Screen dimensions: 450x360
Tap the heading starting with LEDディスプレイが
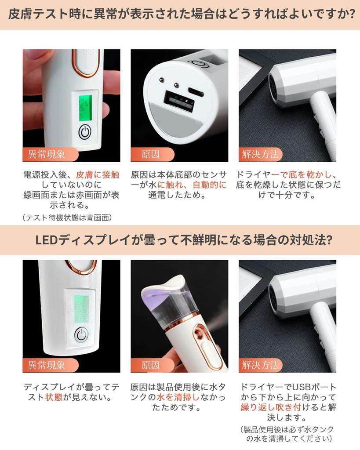tap(180, 240)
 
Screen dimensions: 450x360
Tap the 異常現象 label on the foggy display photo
tap(46, 365)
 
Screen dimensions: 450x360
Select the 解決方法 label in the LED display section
tap(260, 365)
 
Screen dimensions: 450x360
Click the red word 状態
tap(55, 398)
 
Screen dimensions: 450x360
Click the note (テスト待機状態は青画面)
tap(66, 217)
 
